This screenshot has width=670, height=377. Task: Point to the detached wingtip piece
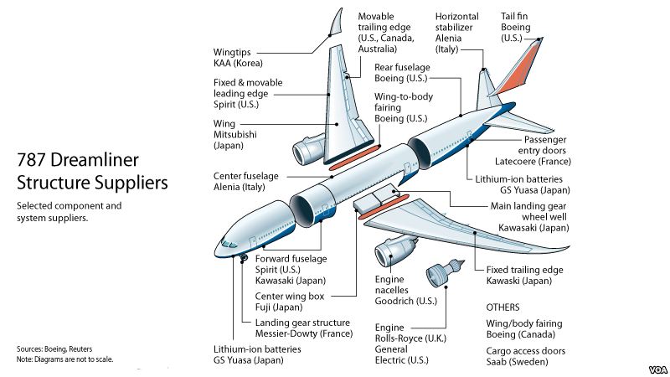coord(337,24)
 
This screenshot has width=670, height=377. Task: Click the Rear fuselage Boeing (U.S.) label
coord(401,73)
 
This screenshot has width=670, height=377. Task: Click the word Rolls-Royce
coord(407,338)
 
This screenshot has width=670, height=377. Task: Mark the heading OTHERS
coord(502,307)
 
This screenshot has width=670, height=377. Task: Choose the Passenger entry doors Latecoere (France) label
coord(533,149)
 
